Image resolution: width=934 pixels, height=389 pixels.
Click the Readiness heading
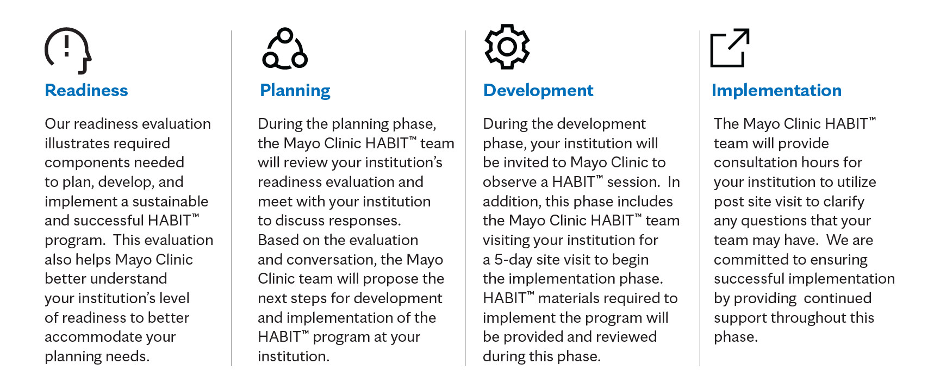[86, 90]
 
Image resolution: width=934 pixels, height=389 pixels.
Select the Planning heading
[295, 91]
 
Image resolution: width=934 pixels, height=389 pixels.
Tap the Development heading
[538, 91]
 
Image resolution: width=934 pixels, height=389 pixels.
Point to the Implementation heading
[776, 91]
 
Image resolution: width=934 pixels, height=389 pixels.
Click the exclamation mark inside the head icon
[67, 46]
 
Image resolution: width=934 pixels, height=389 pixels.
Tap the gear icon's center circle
[507, 47]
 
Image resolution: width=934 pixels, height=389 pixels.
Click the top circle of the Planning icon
[285, 36]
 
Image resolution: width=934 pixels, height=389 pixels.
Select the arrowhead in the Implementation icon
[743, 36]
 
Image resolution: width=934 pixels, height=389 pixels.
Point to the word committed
[749, 260]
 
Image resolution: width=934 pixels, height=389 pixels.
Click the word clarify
[844, 202]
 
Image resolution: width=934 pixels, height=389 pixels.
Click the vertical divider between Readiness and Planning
[232, 198]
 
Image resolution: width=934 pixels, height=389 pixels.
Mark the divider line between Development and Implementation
[700, 198]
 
